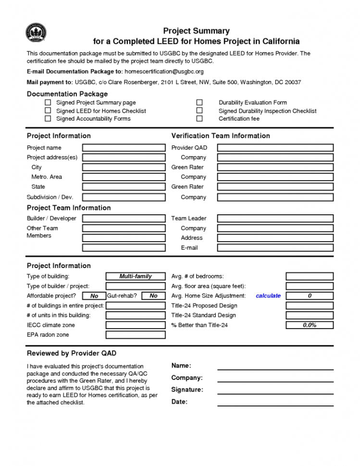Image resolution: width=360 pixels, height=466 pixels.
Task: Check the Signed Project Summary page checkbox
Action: point(48,102)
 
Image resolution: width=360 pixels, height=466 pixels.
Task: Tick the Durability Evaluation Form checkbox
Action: point(199,102)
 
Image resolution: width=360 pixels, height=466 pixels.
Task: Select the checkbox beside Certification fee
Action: point(199,119)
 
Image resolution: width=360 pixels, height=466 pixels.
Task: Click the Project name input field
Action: point(124,148)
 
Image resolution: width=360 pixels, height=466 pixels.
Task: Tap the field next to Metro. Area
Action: point(124,177)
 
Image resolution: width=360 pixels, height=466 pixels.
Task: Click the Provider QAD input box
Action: point(275,148)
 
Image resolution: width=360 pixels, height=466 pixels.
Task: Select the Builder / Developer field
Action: point(124,219)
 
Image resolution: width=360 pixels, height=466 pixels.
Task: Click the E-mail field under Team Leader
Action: point(275,248)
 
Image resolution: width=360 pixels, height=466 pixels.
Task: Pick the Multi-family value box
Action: point(136,276)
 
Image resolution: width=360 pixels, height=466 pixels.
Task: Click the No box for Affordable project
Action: point(94,296)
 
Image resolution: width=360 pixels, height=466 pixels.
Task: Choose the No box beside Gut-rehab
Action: point(153,296)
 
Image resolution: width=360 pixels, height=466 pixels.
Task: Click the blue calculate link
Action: point(268,296)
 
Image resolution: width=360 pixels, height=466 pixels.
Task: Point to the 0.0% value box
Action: point(310,325)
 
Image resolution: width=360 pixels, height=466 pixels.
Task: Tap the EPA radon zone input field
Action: point(136,335)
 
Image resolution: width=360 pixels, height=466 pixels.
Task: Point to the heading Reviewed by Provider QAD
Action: point(72,354)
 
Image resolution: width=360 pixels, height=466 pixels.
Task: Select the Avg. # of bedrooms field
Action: point(310,276)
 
